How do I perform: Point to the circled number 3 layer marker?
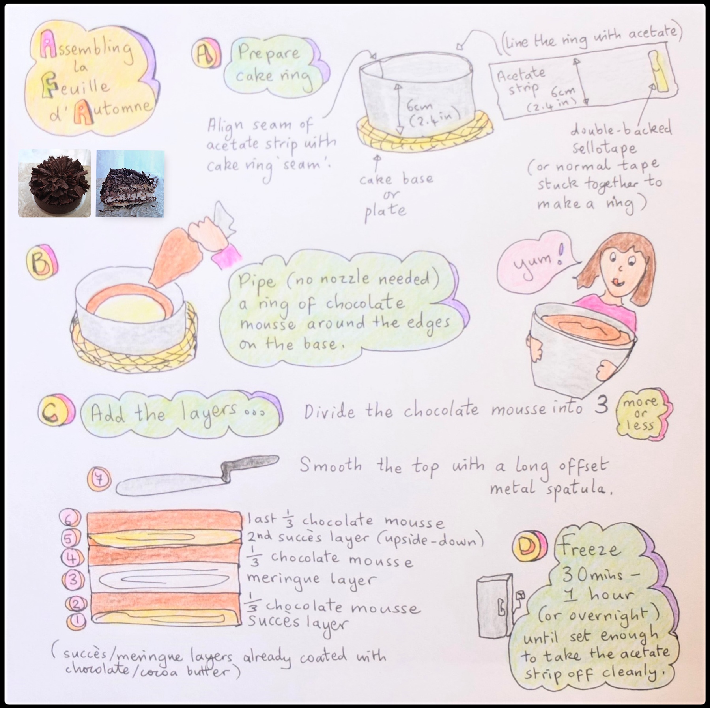point(73,580)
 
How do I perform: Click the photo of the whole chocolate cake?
point(54,183)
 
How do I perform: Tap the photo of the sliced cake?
point(130,183)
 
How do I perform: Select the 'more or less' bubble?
point(641,413)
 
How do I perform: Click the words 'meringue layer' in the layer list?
point(311,580)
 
